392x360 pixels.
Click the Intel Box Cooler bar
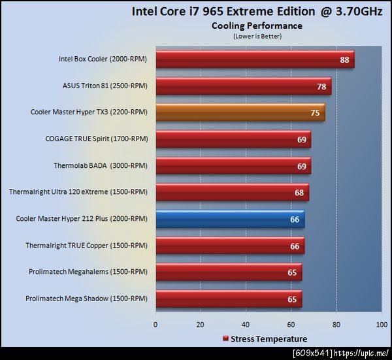coord(255,60)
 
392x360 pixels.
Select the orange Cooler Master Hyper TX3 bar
coord(240,112)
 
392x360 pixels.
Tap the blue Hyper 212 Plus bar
coord(230,219)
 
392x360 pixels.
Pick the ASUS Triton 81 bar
coord(243,86)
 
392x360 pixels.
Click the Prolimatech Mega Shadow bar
coord(229,299)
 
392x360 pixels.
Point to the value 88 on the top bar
coord(344,60)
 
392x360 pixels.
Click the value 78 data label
coord(321,86)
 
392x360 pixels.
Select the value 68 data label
coord(299,193)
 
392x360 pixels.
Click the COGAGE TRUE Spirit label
coord(96,139)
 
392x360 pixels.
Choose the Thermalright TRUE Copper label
coord(95,246)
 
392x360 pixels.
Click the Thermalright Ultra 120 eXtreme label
coord(78,193)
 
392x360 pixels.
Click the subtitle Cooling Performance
coord(257,26)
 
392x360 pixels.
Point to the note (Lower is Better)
coord(257,36)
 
